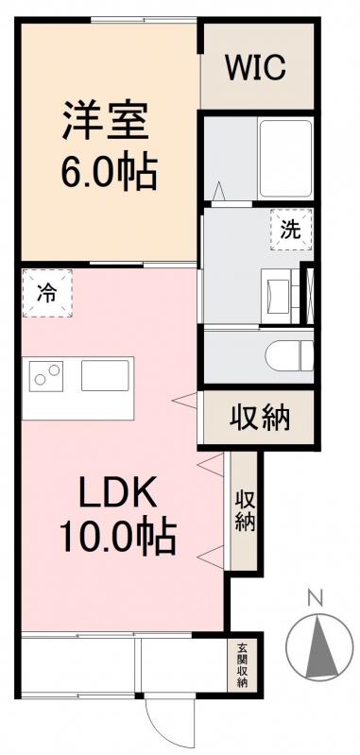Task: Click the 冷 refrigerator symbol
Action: [46, 294]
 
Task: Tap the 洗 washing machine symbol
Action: [289, 228]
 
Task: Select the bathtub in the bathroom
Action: [284, 146]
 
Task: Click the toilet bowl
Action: [287, 354]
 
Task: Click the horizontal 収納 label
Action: [258, 416]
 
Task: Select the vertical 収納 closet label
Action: [245, 509]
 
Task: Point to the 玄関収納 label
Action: [243, 664]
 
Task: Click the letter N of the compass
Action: [317, 597]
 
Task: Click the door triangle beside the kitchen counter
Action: [183, 401]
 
